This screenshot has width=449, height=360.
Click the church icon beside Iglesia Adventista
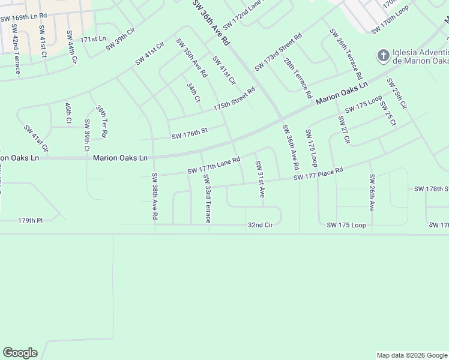click(x=382, y=56)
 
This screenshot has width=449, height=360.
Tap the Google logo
click(x=20, y=353)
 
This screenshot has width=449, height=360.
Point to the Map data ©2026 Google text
click(x=412, y=355)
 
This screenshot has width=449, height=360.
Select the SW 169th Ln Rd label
click(x=23, y=19)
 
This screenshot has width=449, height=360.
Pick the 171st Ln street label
click(x=93, y=38)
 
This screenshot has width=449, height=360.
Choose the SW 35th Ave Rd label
click(x=191, y=58)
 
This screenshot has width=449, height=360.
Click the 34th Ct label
click(x=193, y=93)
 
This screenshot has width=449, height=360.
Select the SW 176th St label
click(x=189, y=133)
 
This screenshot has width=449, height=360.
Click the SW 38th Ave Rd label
click(x=155, y=196)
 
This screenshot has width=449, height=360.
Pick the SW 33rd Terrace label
click(x=207, y=200)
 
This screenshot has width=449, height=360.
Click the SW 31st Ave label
click(x=259, y=179)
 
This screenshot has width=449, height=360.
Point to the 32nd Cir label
click(x=261, y=225)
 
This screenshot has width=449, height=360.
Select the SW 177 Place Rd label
click(x=318, y=173)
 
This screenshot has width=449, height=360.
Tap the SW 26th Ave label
click(x=372, y=193)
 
